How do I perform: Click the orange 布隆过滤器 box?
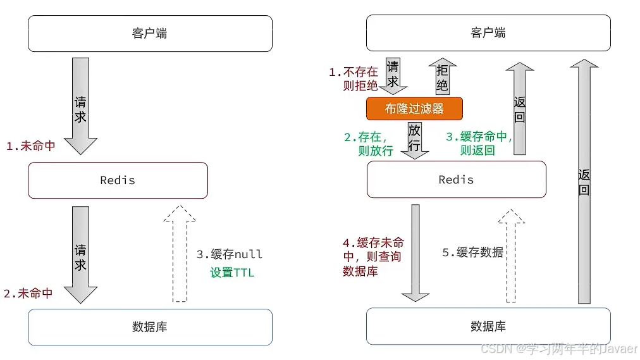(x=414, y=108)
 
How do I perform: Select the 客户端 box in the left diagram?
(x=150, y=34)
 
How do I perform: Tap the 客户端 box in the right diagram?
(x=488, y=34)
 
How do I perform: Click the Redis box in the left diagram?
(x=118, y=180)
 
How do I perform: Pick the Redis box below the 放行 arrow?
(x=456, y=180)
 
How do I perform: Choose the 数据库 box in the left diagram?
(x=150, y=327)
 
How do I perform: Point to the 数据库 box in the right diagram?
(x=488, y=326)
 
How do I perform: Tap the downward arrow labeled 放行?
(x=415, y=139)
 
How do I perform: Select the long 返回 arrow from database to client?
(x=584, y=180)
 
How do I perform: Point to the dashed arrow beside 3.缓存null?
(x=180, y=253)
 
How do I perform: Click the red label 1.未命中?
(x=30, y=146)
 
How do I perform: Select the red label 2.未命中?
(x=28, y=294)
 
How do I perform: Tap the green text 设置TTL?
(x=232, y=273)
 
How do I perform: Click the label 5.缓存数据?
(x=472, y=252)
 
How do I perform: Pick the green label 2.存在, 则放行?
(x=369, y=144)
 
